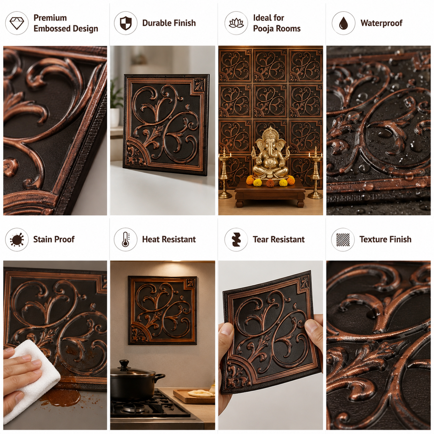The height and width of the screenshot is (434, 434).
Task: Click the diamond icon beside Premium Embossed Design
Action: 17,23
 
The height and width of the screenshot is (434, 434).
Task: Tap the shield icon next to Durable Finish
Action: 125,23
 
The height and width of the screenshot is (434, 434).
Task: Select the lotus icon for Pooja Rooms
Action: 236,23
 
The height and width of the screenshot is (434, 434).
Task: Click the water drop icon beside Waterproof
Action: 343,23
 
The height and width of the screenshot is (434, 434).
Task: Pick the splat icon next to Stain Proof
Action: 17,239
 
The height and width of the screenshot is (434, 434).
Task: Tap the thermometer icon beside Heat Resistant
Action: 125,239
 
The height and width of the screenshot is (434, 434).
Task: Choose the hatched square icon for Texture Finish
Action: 343,239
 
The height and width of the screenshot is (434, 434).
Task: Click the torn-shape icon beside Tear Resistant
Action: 236,239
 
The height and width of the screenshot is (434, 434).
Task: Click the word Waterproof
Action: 381,23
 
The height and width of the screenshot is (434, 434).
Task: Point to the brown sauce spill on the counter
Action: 63,398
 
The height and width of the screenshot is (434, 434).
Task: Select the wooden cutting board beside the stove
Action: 194,396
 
